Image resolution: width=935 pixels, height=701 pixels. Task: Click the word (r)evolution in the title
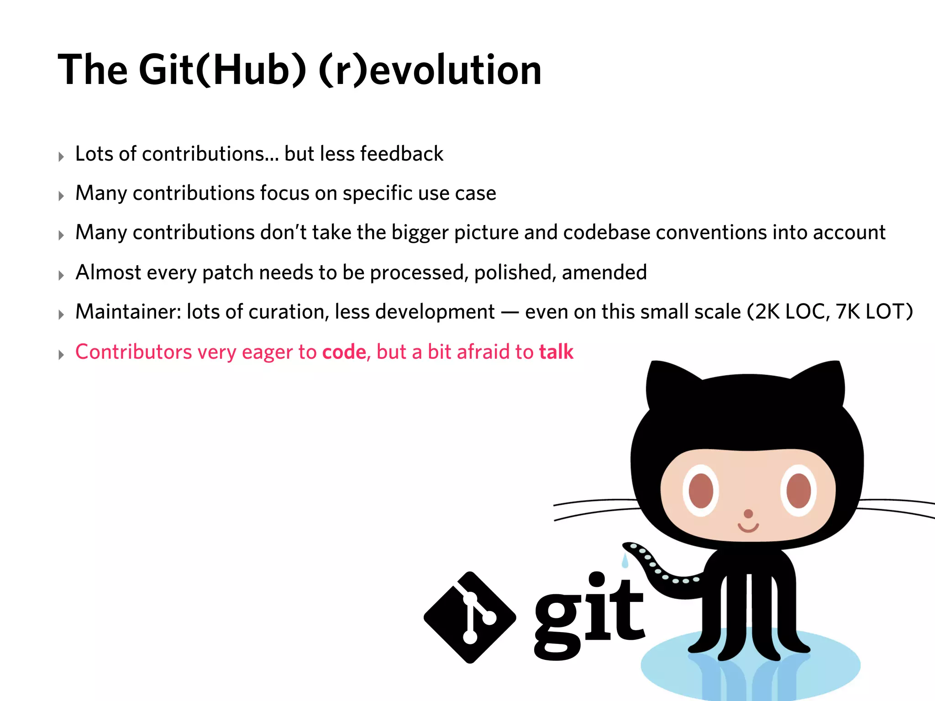tap(430, 70)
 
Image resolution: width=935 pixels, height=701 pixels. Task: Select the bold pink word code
tap(344, 352)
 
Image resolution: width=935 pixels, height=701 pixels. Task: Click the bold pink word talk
tap(556, 352)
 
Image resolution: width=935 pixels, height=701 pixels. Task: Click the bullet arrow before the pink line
tap(61, 355)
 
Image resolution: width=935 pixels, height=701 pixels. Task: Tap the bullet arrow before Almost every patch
tap(61, 275)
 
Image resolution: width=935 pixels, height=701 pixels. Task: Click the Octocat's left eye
tap(701, 491)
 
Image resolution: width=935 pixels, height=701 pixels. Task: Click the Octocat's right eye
tap(798, 491)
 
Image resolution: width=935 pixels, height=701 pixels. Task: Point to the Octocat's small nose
tap(748, 514)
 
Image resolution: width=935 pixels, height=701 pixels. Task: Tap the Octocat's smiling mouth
tap(748, 528)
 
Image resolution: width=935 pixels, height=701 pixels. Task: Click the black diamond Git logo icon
tap(470, 617)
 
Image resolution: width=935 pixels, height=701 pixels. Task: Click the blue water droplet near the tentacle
tap(625, 560)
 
